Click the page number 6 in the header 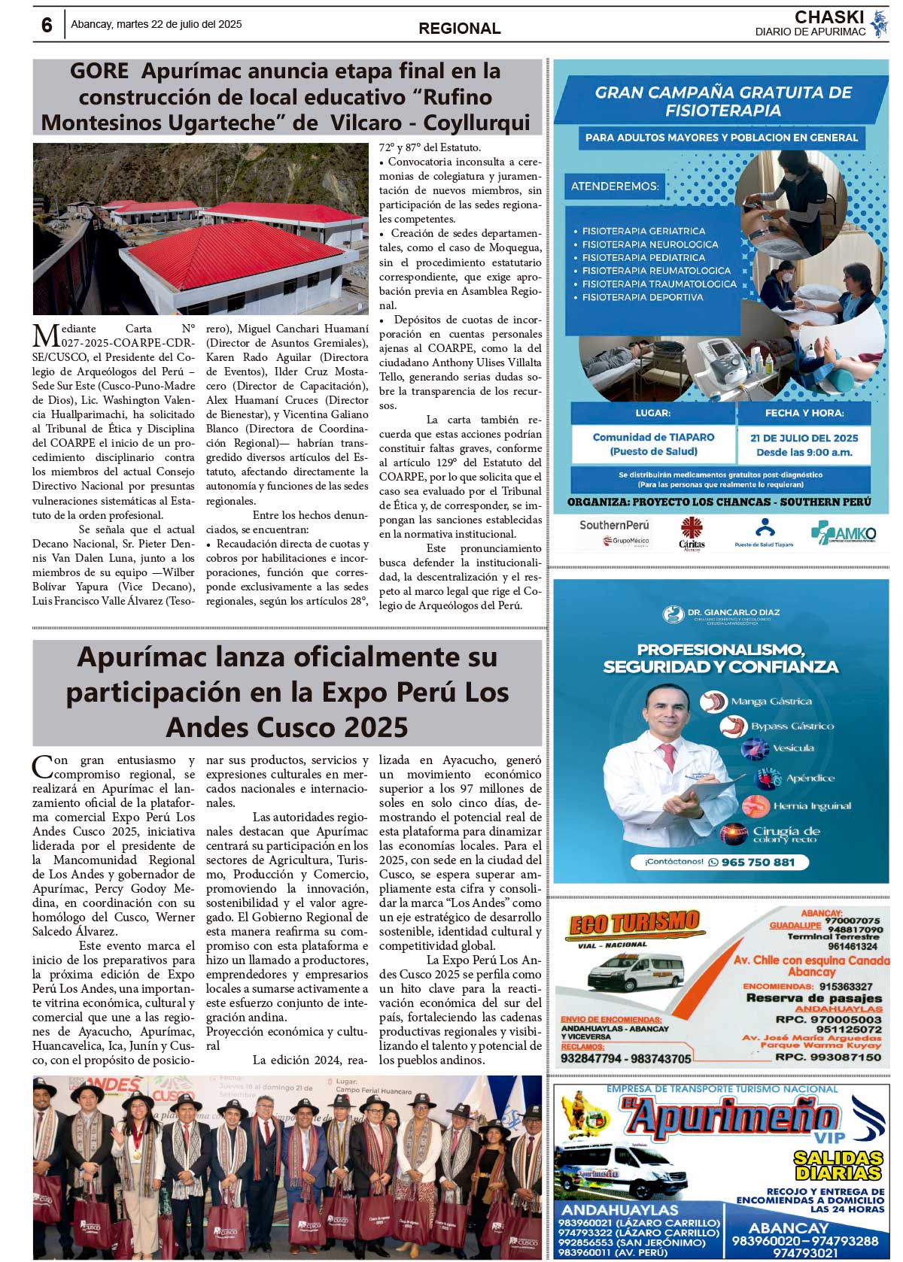47,25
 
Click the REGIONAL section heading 459,29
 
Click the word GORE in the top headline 99,71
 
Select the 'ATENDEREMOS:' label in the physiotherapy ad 615,186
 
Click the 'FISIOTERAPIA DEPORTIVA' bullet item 643,297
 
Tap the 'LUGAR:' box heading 652,413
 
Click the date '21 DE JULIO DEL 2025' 804,438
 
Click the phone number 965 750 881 757,862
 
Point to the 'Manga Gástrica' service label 771,701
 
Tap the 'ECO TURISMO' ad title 634,923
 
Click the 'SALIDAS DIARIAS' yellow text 838,1166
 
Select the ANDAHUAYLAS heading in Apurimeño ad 619,1210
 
